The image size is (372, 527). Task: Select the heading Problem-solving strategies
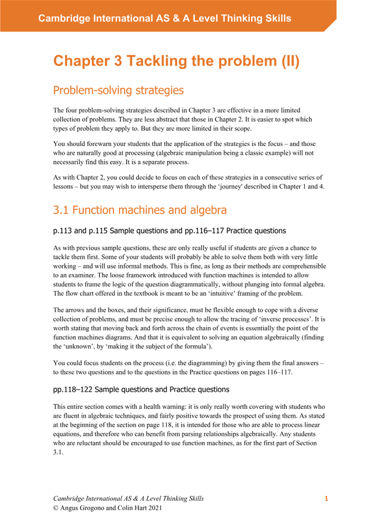click(x=118, y=91)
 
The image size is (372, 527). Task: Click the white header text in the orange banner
click(x=165, y=18)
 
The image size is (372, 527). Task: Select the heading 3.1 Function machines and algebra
click(x=140, y=211)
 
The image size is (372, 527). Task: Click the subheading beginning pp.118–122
click(x=142, y=389)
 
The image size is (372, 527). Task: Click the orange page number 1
click(x=326, y=499)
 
